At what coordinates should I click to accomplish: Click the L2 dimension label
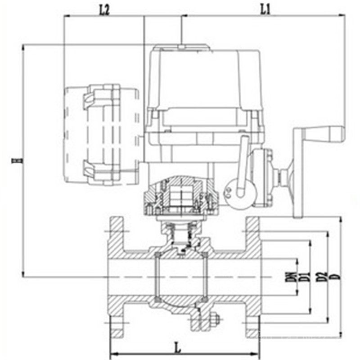point(104,10)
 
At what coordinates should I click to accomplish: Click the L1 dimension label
point(265,10)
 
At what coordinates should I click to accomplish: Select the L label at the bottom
point(178,348)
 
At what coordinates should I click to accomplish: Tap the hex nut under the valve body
point(215,319)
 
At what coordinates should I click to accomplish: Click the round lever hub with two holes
point(240,194)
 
